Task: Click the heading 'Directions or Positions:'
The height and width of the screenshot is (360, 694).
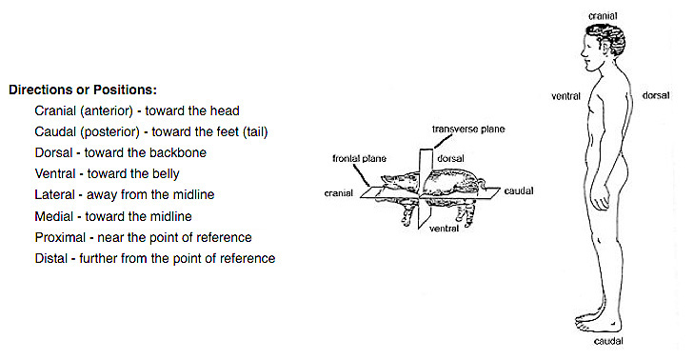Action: [x=83, y=90]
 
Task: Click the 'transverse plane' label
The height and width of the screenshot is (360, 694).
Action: [x=468, y=130]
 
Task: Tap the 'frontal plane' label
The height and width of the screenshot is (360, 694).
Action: [x=360, y=158]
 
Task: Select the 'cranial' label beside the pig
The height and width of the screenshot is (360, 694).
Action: [x=339, y=193]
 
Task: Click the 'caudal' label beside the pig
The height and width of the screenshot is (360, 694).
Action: [x=519, y=191]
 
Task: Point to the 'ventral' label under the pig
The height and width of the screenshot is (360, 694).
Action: [x=444, y=229]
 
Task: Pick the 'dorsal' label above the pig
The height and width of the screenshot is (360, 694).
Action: [x=450, y=158]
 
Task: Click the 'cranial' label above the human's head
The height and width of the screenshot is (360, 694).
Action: [x=603, y=16]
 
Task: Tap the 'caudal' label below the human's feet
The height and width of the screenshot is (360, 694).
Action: [x=608, y=341]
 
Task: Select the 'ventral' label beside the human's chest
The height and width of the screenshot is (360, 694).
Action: [x=565, y=96]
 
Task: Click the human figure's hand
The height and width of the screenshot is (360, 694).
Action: [x=600, y=198]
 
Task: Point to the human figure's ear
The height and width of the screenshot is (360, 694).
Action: [x=603, y=46]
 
